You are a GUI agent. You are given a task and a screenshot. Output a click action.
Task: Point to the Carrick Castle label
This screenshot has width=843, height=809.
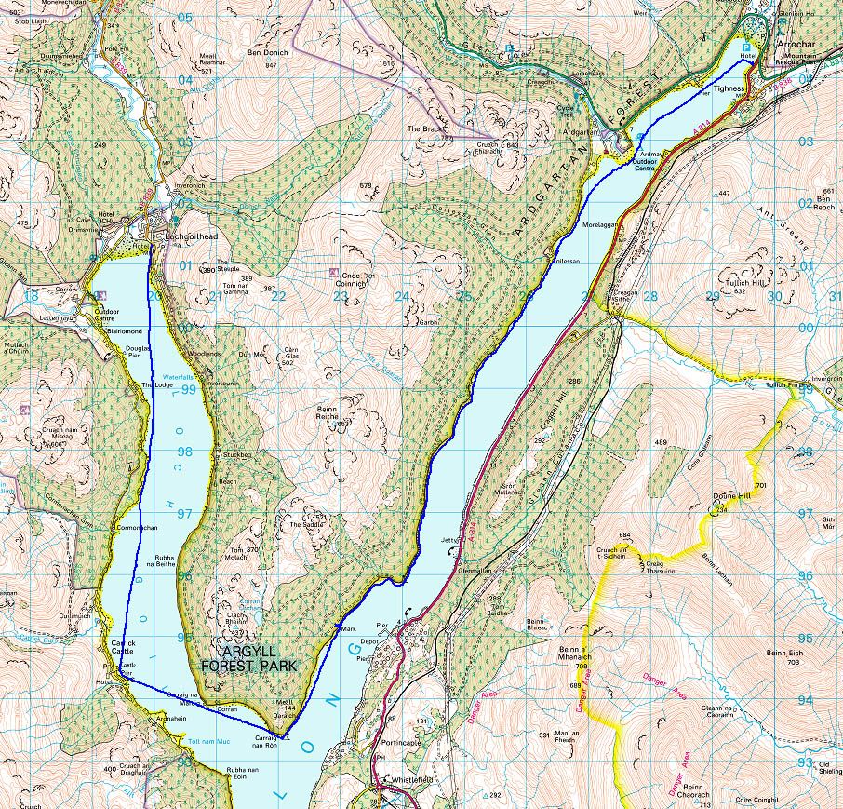[x=124, y=649]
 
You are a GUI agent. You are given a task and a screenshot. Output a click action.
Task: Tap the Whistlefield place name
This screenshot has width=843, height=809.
[x=414, y=780]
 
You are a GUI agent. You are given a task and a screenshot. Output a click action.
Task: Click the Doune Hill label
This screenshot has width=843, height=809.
[x=730, y=496]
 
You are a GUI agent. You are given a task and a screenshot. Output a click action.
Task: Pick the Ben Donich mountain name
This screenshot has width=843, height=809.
[x=267, y=53]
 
